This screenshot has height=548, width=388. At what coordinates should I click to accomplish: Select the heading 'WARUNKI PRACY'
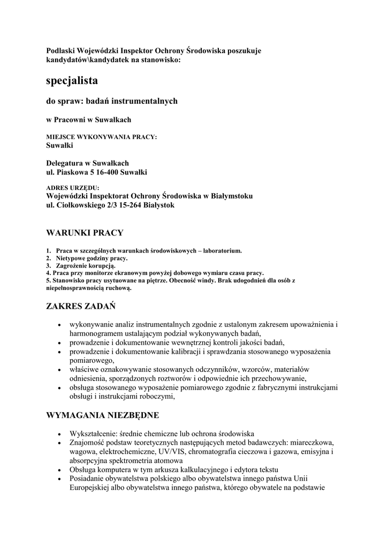pyautogui.click(x=85, y=233)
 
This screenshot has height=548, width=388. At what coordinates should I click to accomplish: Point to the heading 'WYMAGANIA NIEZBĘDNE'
pyautogui.click(x=103, y=415)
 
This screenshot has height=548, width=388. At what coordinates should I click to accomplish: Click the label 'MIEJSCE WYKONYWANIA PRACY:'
pyautogui.click(x=102, y=137)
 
